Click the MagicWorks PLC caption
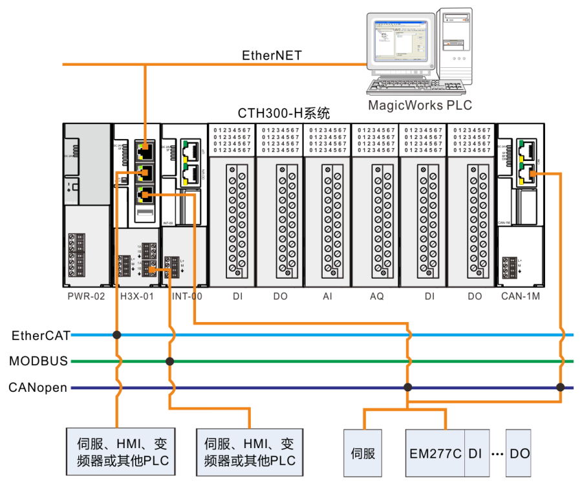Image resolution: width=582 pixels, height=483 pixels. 420,105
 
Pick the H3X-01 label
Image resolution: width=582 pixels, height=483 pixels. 136,297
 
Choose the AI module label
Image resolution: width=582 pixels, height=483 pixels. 327,297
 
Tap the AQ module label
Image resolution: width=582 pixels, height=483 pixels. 376,297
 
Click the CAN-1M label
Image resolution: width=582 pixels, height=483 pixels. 521,297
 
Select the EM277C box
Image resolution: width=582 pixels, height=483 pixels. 435,453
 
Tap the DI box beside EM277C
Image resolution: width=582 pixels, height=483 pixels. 476,453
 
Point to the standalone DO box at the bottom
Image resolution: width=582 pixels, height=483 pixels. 519,453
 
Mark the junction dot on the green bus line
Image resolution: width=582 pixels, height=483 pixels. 169,361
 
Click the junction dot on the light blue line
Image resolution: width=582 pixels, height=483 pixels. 117,335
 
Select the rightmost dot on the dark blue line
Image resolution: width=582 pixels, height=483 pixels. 560,387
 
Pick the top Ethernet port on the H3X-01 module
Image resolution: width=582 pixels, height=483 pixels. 145,153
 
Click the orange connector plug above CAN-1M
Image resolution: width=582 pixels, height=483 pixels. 533,173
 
